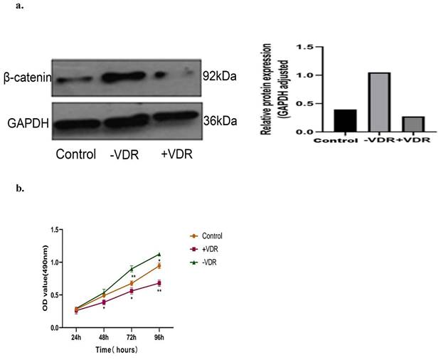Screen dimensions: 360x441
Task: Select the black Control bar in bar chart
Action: click(345, 121)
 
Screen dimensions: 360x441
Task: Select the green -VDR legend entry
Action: click(209, 263)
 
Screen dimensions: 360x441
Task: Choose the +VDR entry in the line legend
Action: click(210, 249)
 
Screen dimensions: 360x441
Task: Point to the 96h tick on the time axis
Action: click(159, 337)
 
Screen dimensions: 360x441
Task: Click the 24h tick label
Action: click(75, 337)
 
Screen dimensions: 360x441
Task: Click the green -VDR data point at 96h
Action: click(159, 254)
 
